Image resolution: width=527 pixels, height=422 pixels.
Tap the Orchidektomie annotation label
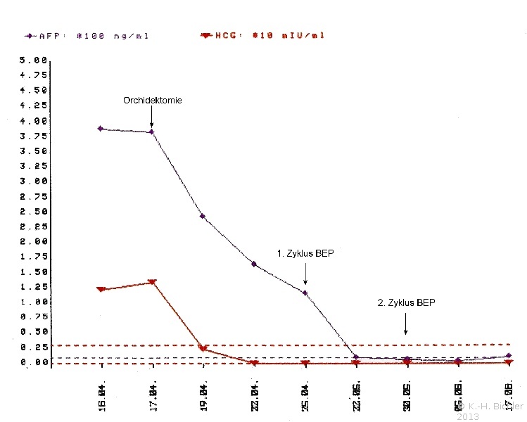152,101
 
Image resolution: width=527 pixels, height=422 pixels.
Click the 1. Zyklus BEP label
305,253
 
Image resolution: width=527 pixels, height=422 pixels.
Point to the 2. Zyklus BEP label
406,303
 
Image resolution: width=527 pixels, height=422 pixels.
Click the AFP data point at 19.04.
203,216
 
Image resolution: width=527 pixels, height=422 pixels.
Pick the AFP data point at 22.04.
253,264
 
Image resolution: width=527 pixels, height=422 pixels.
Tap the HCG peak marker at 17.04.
152,282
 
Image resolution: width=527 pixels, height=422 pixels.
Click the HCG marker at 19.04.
203,348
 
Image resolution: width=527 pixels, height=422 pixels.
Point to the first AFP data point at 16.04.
101,129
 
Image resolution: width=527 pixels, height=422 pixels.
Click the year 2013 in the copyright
468,417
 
